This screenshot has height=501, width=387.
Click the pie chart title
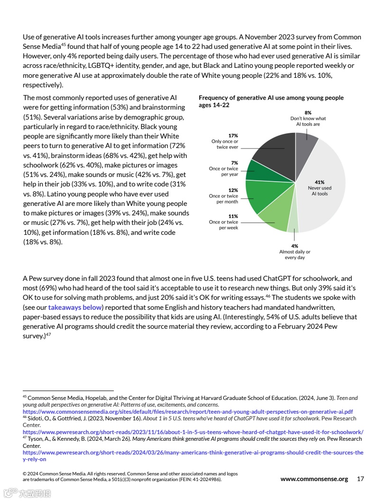(271, 101)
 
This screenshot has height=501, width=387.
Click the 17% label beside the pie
(233, 136)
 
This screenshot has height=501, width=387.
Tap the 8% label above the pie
(308, 113)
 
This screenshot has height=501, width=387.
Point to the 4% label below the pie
(295, 246)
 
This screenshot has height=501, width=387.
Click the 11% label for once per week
(233, 216)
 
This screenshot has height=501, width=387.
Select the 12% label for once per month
(233, 190)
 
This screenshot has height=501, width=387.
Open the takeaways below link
(75, 307)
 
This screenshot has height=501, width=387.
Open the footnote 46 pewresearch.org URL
(193, 432)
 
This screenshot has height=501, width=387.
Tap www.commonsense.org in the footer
(314, 479)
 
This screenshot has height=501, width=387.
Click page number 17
(360, 479)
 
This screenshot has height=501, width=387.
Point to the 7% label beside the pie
(234, 163)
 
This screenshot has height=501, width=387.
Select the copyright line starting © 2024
(130, 473)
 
